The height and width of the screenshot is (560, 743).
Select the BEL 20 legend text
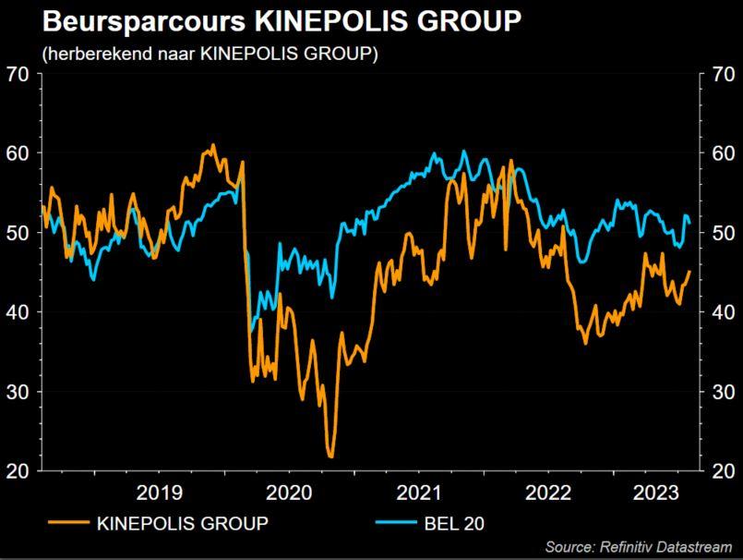[x=453, y=524]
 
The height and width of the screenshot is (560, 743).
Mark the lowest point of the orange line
[x=330, y=456]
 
